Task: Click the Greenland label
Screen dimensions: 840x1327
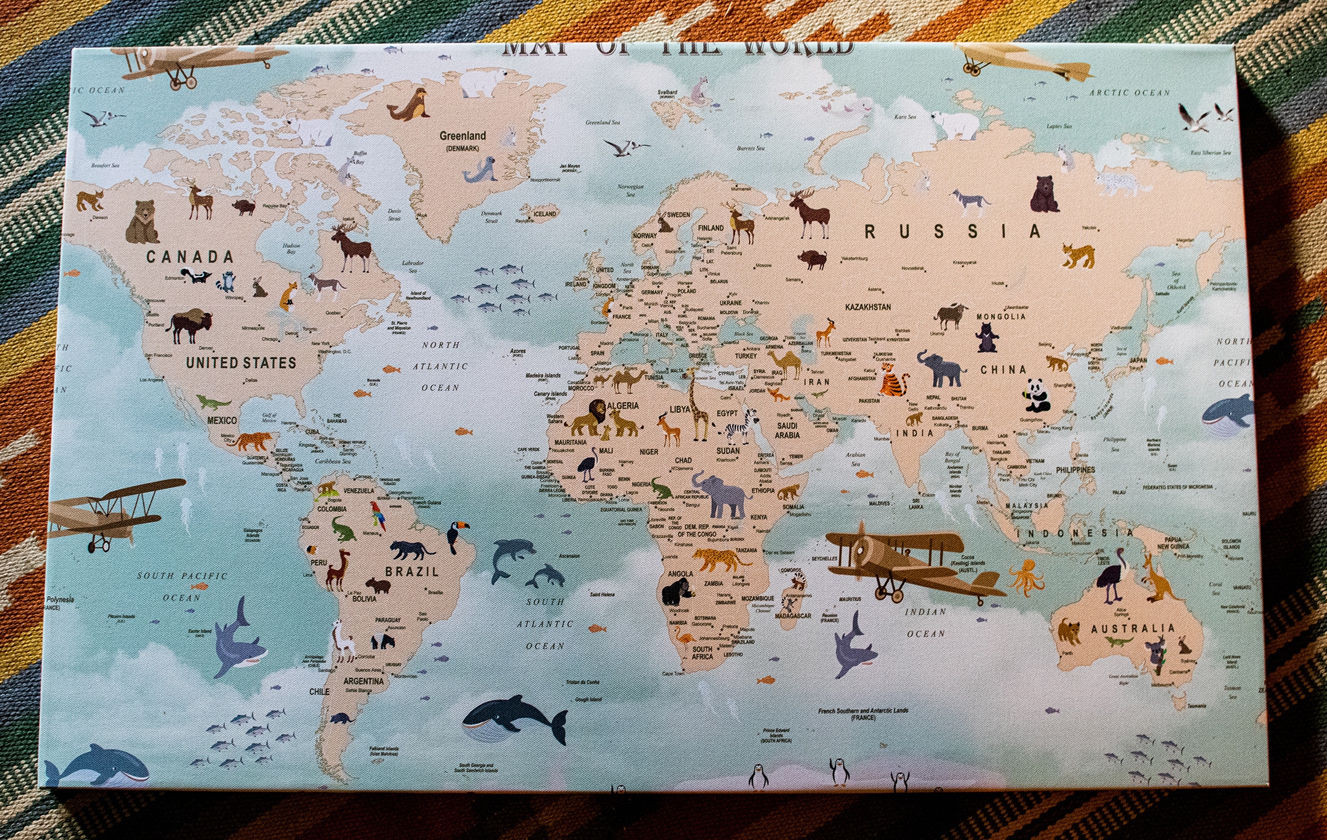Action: (462, 136)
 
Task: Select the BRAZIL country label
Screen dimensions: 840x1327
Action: (412, 571)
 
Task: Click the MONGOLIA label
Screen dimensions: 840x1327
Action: (1001, 317)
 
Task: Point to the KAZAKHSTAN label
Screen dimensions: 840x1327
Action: (867, 307)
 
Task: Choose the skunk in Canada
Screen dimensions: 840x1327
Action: (195, 276)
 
